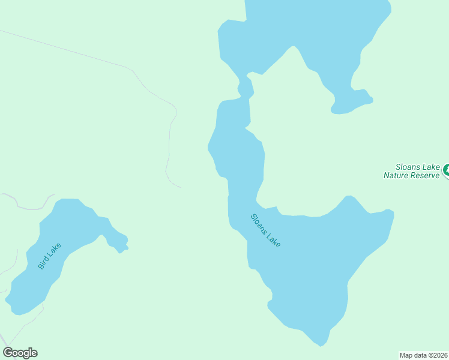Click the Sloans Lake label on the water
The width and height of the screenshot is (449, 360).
[x=265, y=231]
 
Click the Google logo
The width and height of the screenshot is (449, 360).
[x=20, y=353]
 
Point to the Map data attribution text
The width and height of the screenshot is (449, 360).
[x=423, y=355]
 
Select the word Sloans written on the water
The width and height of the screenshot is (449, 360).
[x=258, y=223]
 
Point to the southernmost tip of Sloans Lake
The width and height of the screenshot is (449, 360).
[x=321, y=344]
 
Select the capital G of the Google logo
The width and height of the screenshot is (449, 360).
[x=8, y=353]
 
